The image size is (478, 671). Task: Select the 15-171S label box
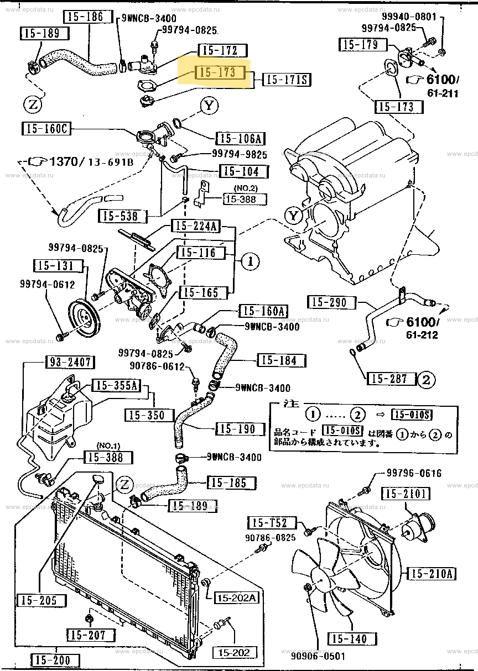(287, 80)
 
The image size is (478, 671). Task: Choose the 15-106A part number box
(242, 139)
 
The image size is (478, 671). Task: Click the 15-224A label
(195, 226)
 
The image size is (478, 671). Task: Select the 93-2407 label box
(69, 363)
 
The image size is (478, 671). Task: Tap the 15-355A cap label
(114, 385)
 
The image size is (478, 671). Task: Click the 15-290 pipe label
(329, 302)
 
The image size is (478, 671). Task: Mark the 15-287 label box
(390, 379)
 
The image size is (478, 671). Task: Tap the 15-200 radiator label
(56, 660)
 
